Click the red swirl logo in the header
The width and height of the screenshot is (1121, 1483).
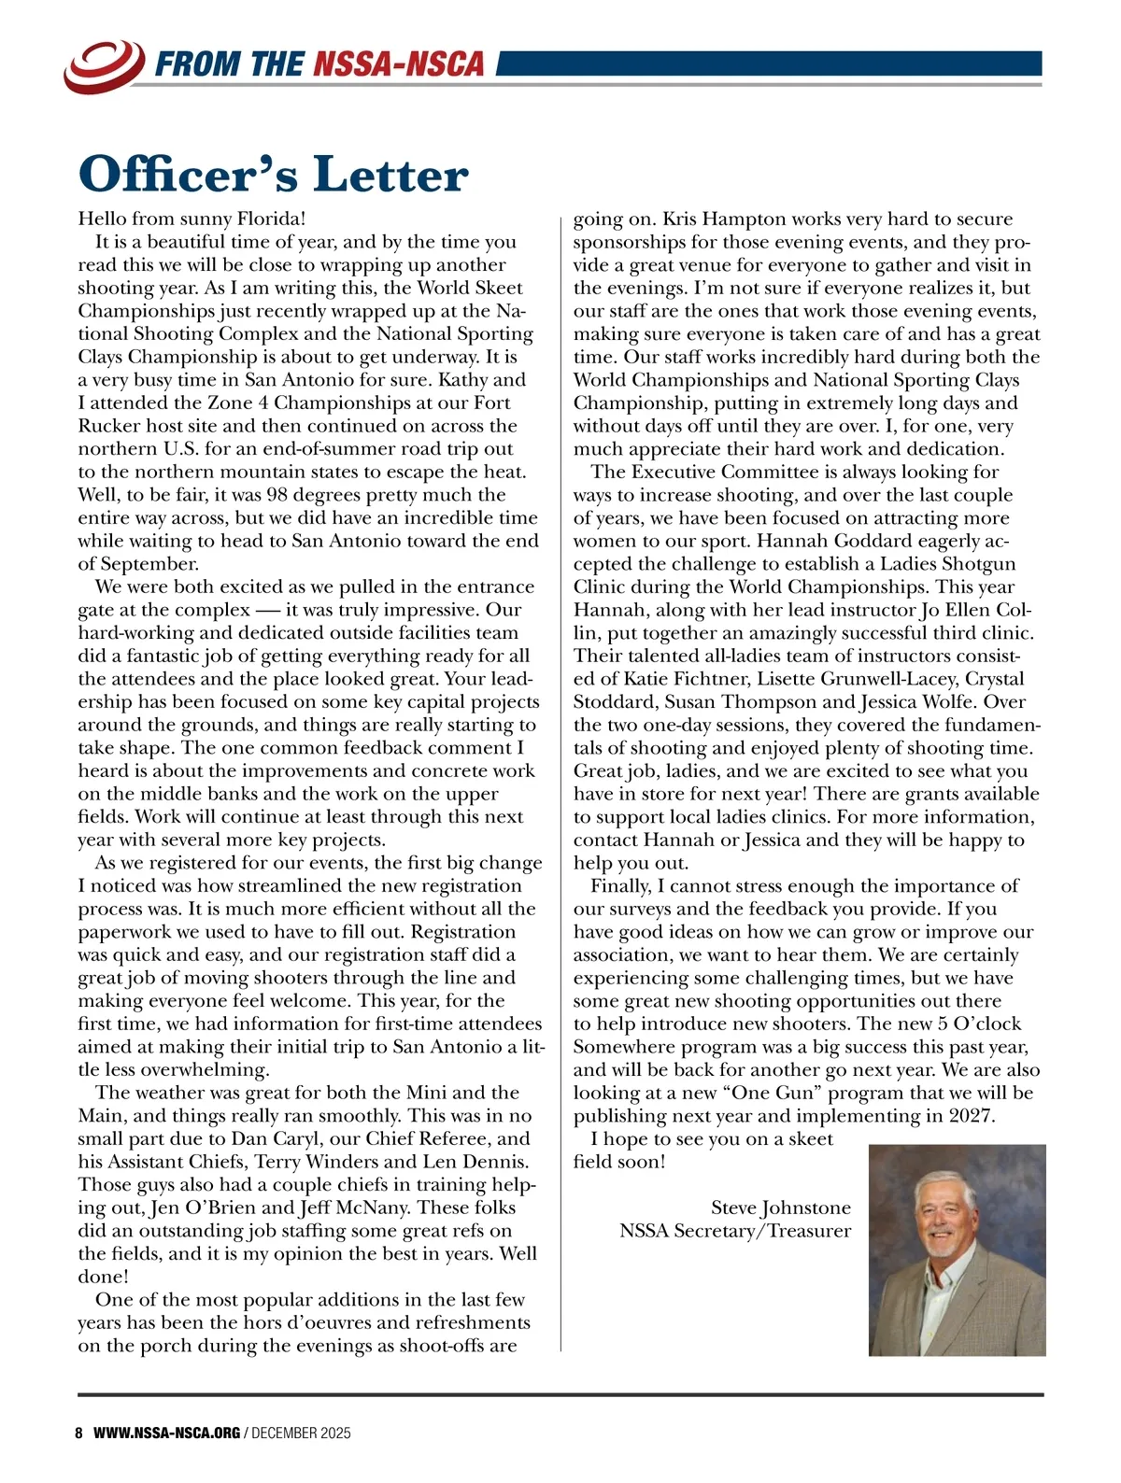click(104, 64)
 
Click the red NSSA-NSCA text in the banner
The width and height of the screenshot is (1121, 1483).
click(399, 64)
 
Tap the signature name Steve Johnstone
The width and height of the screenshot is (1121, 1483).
click(781, 1208)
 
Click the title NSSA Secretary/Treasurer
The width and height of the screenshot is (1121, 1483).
click(735, 1232)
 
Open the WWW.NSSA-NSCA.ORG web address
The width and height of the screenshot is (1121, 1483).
click(167, 1434)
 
